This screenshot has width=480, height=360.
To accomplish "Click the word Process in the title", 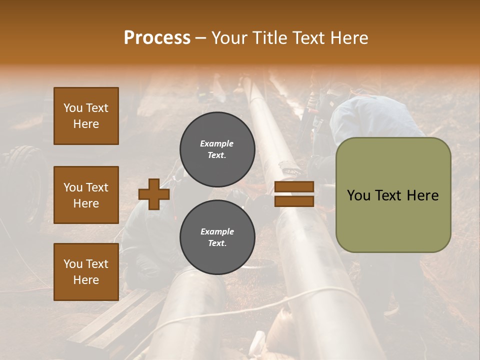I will (157, 38).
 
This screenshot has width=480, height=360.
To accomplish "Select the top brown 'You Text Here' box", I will (86, 116).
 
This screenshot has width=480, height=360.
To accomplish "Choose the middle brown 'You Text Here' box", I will (86, 195).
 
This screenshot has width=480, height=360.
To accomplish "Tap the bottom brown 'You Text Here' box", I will (86, 272).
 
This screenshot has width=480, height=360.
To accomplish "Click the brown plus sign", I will (154, 194).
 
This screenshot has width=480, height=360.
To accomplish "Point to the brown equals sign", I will (294, 194).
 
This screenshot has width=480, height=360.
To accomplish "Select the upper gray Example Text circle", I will (217, 149).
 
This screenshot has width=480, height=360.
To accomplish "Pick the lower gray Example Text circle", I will (217, 237).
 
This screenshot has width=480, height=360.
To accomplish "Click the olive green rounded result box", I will (393, 194).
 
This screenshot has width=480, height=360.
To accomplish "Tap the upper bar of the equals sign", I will (294, 187).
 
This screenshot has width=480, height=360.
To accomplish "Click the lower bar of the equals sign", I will (294, 201).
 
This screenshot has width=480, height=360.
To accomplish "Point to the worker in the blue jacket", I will (375, 117).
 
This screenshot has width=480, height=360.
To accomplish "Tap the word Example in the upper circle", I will (217, 144).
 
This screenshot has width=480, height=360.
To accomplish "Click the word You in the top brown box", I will (73, 108).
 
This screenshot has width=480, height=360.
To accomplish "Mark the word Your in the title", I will (228, 38).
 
